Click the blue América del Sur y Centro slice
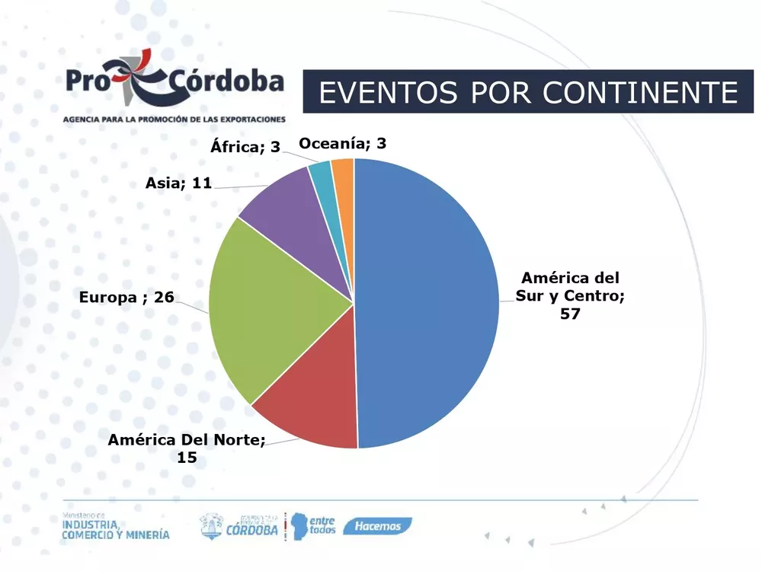(427, 305)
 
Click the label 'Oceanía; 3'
(343, 143)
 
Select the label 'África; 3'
(245, 147)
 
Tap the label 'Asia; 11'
(178, 183)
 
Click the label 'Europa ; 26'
(126, 297)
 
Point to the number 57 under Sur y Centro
(570, 313)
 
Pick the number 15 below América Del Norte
(187, 457)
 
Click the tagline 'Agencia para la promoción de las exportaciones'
(174, 120)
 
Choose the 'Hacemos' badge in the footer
(377, 526)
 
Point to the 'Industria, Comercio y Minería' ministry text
(116, 527)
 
